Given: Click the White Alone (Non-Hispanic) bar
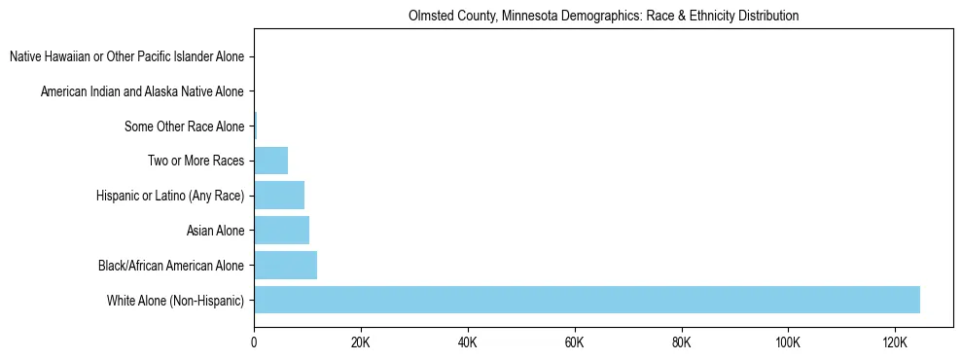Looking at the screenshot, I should pyautogui.click(x=587, y=300).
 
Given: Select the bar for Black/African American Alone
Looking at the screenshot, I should pyautogui.click(x=285, y=265).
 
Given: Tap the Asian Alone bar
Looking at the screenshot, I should pyautogui.click(x=281, y=231).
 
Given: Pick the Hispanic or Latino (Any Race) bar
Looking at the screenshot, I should pyautogui.click(x=279, y=196).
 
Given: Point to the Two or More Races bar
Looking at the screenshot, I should pyautogui.click(x=270, y=161).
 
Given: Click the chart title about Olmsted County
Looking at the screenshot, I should pyautogui.click(x=604, y=16).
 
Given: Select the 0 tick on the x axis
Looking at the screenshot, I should pyautogui.click(x=254, y=343).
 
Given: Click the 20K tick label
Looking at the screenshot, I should pyautogui.click(x=361, y=343).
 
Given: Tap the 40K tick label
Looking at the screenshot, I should pyautogui.click(x=468, y=343).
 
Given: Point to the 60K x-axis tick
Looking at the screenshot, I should pyautogui.click(x=575, y=343).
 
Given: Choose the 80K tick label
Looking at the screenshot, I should pyautogui.click(x=681, y=343).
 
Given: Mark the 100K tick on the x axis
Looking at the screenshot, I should pyautogui.click(x=788, y=343).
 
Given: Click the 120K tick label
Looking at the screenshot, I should pyautogui.click(x=895, y=343).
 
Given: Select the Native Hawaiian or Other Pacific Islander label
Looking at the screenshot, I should pyautogui.click(x=126, y=56).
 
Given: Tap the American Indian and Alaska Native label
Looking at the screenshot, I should pyautogui.click(x=142, y=91).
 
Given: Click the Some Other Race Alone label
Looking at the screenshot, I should pyautogui.click(x=184, y=126).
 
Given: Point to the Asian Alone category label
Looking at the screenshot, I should pyautogui.click(x=215, y=231).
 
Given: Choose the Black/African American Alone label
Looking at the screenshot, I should pyautogui.click(x=171, y=265).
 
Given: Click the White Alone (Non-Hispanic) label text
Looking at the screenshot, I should pyautogui.click(x=175, y=300).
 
